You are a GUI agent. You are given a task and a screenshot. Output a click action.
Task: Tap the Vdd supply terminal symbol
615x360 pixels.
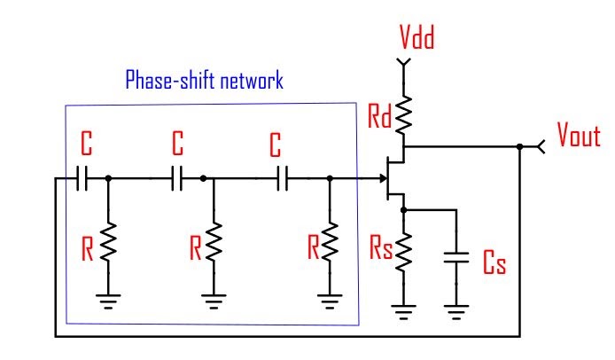pyautogui.click(x=404, y=64)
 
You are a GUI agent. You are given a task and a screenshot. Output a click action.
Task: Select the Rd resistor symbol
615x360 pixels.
pyautogui.click(x=404, y=112)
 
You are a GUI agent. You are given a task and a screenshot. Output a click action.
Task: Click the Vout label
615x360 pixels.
pyautogui.click(x=579, y=136)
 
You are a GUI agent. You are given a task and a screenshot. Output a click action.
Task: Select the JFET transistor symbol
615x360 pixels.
pyautogui.click(x=397, y=177)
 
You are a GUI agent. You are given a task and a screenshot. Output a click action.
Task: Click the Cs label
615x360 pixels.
pyautogui.click(x=494, y=263)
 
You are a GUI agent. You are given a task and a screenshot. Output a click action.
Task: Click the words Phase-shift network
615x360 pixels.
pyautogui.click(x=204, y=82)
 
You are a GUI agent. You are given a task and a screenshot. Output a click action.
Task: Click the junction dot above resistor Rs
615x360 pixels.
pyautogui.click(x=404, y=210)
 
